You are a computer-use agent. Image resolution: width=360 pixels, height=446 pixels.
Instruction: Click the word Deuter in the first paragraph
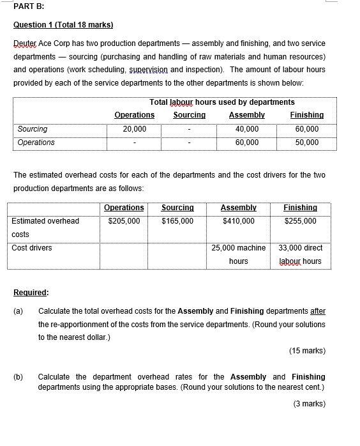(x=26, y=43)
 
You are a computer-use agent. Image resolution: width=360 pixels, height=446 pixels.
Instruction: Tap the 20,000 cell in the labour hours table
(x=134, y=129)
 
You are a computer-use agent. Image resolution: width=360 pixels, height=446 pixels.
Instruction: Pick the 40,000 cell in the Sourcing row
(x=246, y=129)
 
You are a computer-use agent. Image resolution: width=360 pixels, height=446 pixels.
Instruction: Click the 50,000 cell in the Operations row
(x=306, y=142)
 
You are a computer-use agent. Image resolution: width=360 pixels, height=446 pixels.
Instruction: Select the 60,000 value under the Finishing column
(x=306, y=129)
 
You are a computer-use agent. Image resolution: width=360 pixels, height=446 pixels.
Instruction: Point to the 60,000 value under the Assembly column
(x=246, y=142)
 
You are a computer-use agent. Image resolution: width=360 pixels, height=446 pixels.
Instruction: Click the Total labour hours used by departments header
(x=221, y=102)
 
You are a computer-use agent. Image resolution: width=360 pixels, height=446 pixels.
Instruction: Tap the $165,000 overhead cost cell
(x=177, y=220)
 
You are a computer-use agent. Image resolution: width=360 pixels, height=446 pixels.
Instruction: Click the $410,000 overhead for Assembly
(x=237, y=220)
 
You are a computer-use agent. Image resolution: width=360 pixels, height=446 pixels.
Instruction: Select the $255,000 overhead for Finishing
(x=299, y=220)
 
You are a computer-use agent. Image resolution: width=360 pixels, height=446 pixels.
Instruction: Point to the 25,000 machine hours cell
(x=238, y=254)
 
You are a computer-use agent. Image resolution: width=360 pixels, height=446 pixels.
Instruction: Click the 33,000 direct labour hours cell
(x=300, y=254)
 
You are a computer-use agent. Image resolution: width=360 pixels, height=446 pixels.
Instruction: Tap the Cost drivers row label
(x=32, y=248)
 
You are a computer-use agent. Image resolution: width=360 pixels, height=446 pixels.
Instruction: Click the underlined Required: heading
(x=31, y=292)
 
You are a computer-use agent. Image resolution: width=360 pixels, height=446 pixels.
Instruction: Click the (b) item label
(x=19, y=377)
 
